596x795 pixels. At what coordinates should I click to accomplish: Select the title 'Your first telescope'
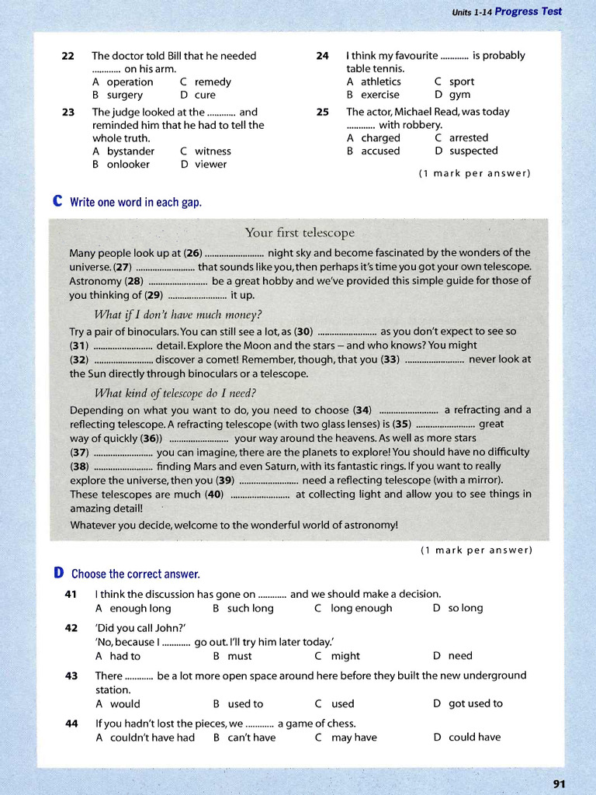click(300, 233)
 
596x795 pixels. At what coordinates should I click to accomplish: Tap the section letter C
click(57, 202)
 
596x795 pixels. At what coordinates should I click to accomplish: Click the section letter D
click(59, 574)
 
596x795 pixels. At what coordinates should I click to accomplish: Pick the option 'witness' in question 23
click(213, 151)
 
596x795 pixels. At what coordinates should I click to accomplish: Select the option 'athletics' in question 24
click(380, 82)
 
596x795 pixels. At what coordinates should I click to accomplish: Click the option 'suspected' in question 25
click(473, 151)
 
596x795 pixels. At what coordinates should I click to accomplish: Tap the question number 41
click(71, 594)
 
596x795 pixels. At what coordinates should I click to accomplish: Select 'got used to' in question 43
click(475, 703)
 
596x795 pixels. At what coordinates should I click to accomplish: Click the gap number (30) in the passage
click(303, 331)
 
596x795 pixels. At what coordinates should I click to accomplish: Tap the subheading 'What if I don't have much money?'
click(178, 314)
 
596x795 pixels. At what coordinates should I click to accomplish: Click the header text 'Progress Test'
click(528, 12)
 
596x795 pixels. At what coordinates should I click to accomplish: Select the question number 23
click(68, 112)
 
